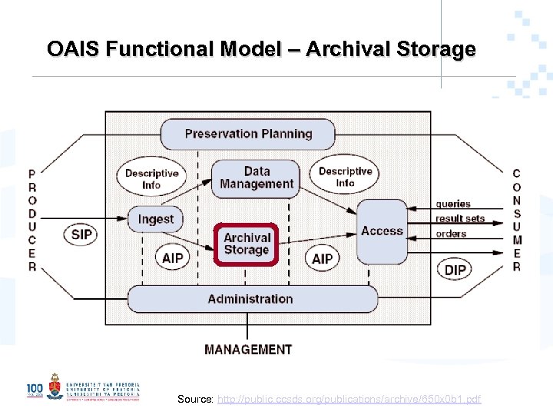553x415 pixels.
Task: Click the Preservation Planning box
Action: (247, 134)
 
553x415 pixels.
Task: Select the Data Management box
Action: (256, 178)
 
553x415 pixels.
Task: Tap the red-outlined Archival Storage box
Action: (246, 244)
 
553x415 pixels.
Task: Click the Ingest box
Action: (155, 219)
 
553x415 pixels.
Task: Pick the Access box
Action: (382, 231)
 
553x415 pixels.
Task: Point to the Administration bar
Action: (251, 299)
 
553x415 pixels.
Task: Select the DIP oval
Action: (455, 269)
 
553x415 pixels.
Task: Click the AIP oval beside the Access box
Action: (323, 258)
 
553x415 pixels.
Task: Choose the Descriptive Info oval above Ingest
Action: (152, 178)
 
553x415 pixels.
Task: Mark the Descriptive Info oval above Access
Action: (345, 177)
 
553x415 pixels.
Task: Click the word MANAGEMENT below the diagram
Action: (248, 350)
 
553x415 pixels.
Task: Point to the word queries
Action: (453, 204)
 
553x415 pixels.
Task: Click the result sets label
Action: (460, 219)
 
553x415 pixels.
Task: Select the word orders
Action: (451, 234)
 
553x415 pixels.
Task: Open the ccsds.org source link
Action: (349, 399)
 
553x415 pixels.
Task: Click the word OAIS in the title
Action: (74, 49)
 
